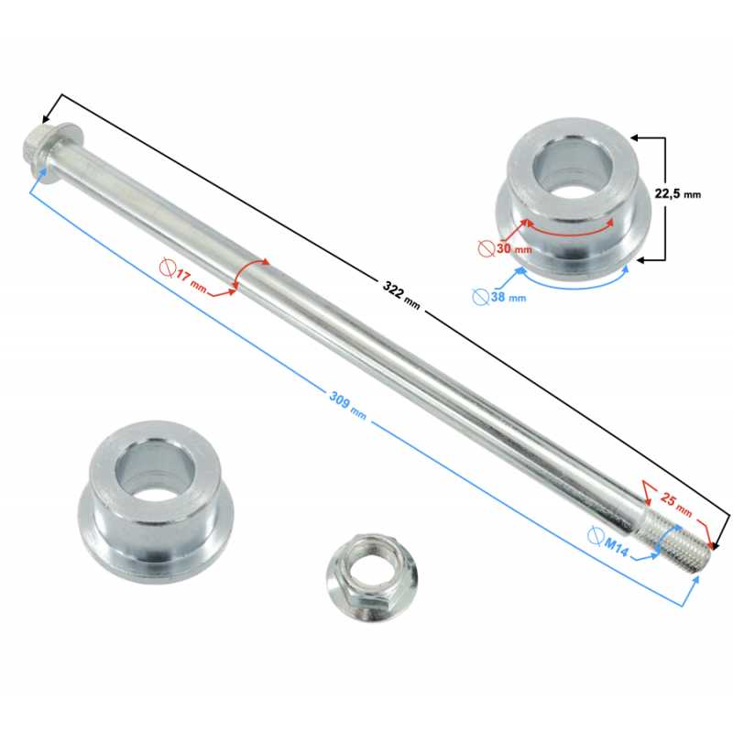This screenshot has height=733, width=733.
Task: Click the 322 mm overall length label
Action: (401, 294)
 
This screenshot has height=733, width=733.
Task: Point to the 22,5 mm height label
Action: (677, 193)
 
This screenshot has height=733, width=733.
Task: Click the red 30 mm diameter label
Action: (514, 248)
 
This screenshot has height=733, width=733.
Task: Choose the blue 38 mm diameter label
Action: (509, 296)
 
